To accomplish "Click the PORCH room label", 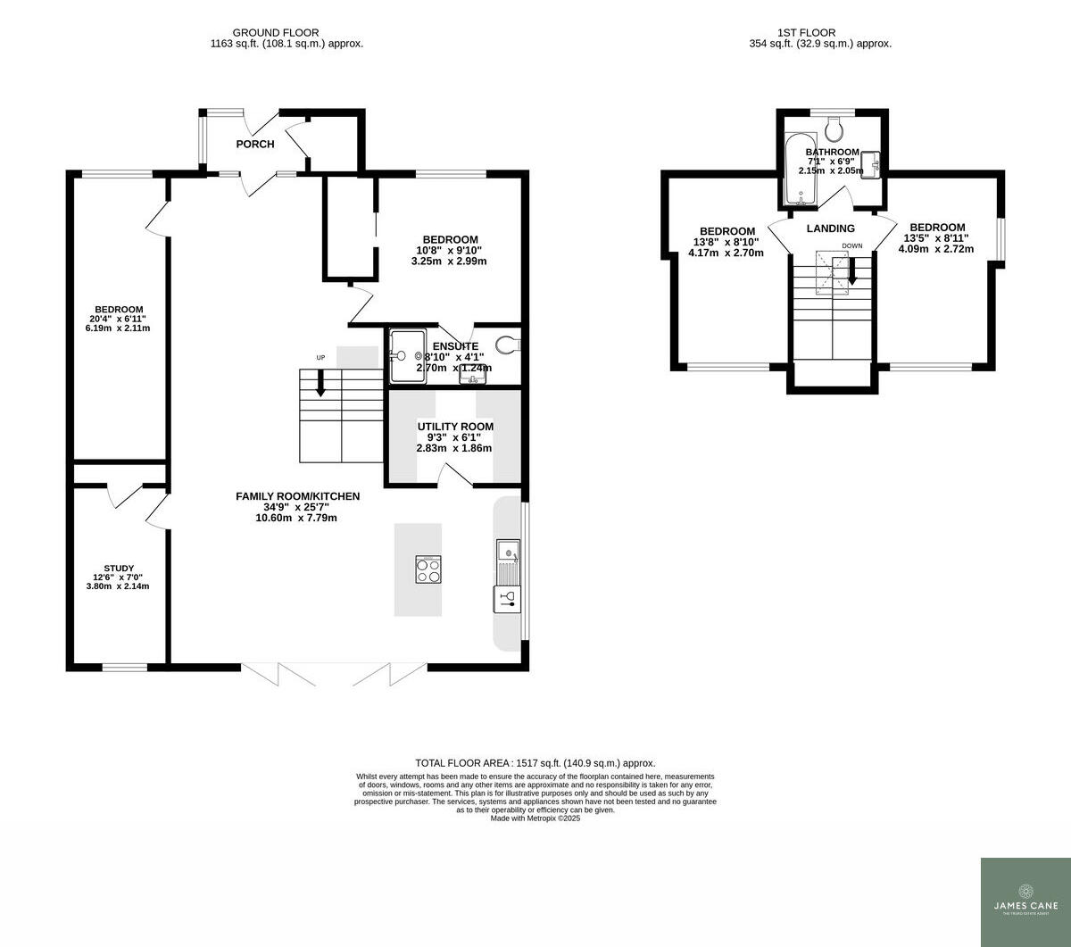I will tap(254, 144).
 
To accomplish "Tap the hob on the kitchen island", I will tap(428, 569).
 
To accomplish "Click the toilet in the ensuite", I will tap(507, 345).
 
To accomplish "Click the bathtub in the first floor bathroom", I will tap(796, 169).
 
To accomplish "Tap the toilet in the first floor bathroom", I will tap(834, 130).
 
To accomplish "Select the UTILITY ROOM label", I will tap(454, 427).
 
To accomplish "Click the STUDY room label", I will tap(119, 569).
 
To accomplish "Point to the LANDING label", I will tap(830, 228).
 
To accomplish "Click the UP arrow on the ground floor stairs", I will tap(320, 386).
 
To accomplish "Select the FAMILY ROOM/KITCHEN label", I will tap(297, 496).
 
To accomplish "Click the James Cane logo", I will tap(1025, 901).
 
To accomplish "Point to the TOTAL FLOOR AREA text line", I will tap(535, 763).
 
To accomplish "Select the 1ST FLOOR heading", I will tap(819, 32).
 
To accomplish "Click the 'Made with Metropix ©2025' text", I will tap(535, 818).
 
